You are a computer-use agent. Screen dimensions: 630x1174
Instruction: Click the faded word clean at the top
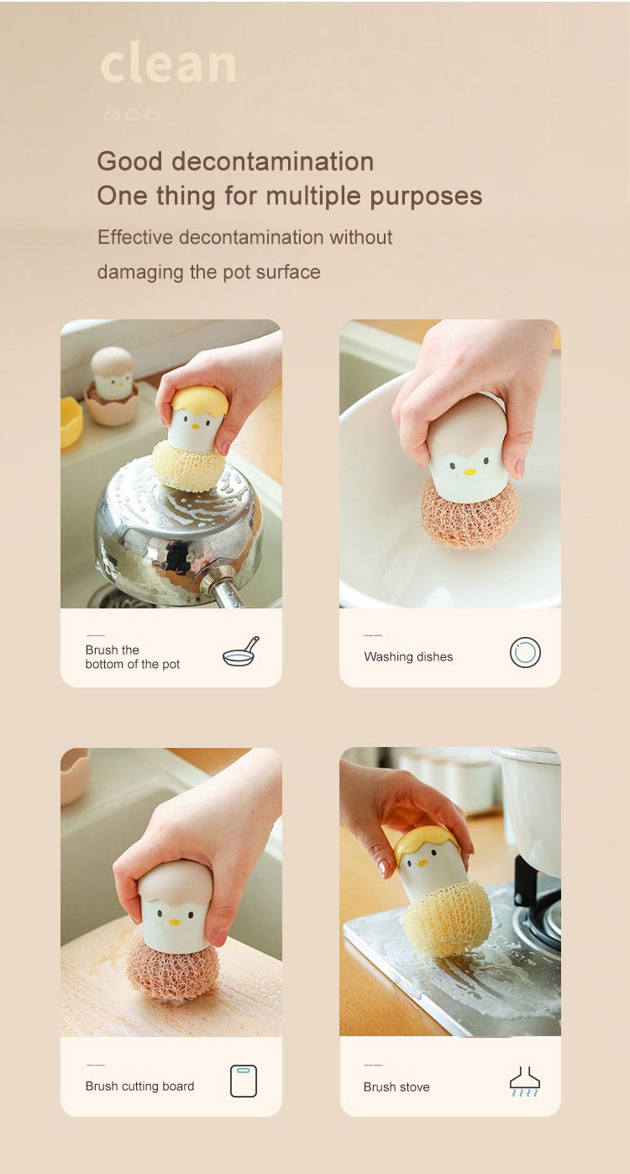coord(168,63)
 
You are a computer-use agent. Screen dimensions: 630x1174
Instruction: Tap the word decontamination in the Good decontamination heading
coord(273,161)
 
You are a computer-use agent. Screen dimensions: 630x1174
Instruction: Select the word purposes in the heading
coord(426,197)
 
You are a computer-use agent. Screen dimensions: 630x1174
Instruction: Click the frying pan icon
coord(241,651)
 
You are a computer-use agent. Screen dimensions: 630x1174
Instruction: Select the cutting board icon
coord(244,1081)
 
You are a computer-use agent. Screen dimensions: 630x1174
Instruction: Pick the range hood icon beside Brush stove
coord(525,1082)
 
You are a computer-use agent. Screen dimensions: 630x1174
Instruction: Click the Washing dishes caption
coord(408,656)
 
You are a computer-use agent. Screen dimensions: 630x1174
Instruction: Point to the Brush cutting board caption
coord(139,1086)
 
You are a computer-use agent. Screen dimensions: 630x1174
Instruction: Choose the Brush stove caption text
coord(396,1087)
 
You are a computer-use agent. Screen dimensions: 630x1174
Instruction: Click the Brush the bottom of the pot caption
coord(133,656)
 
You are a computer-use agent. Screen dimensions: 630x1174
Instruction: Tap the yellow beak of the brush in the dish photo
coord(470,471)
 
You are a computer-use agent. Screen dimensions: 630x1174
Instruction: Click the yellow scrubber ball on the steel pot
coord(189,466)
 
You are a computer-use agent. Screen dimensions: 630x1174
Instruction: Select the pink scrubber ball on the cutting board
coord(173,965)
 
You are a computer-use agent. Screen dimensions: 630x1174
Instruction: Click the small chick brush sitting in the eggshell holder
coord(112,374)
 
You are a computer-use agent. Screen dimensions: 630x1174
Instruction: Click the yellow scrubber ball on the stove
coord(448,917)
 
